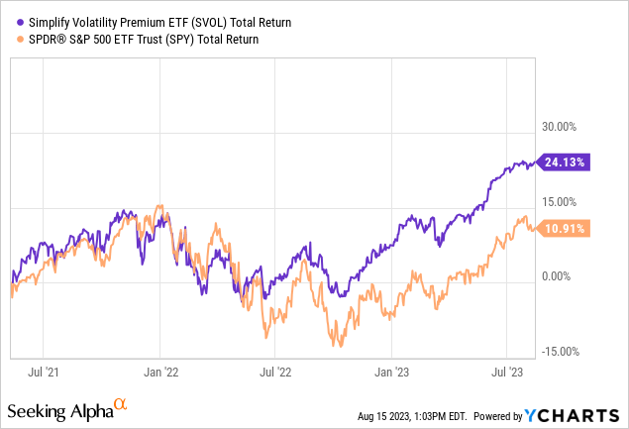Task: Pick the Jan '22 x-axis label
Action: point(160,373)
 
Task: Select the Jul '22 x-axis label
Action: point(275,373)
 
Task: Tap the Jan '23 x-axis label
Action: point(390,373)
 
